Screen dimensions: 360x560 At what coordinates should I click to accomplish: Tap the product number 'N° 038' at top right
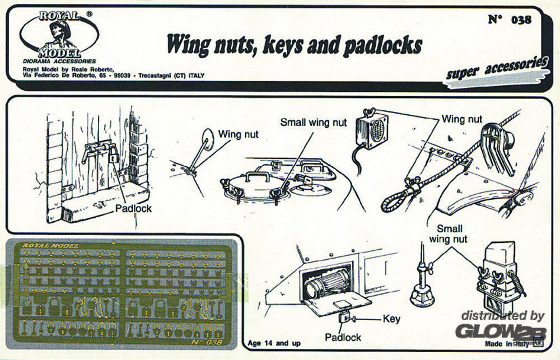click(x=509, y=20)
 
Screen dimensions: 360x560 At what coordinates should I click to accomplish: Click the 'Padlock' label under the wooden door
click(x=133, y=208)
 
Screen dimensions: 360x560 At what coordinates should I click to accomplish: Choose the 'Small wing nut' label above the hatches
click(x=314, y=122)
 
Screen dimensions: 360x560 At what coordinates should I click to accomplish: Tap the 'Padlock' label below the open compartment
click(x=343, y=337)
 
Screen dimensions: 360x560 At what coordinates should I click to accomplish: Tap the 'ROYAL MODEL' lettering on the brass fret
click(x=50, y=245)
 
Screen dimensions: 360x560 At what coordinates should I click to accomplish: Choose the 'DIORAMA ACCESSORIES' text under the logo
click(x=59, y=60)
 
